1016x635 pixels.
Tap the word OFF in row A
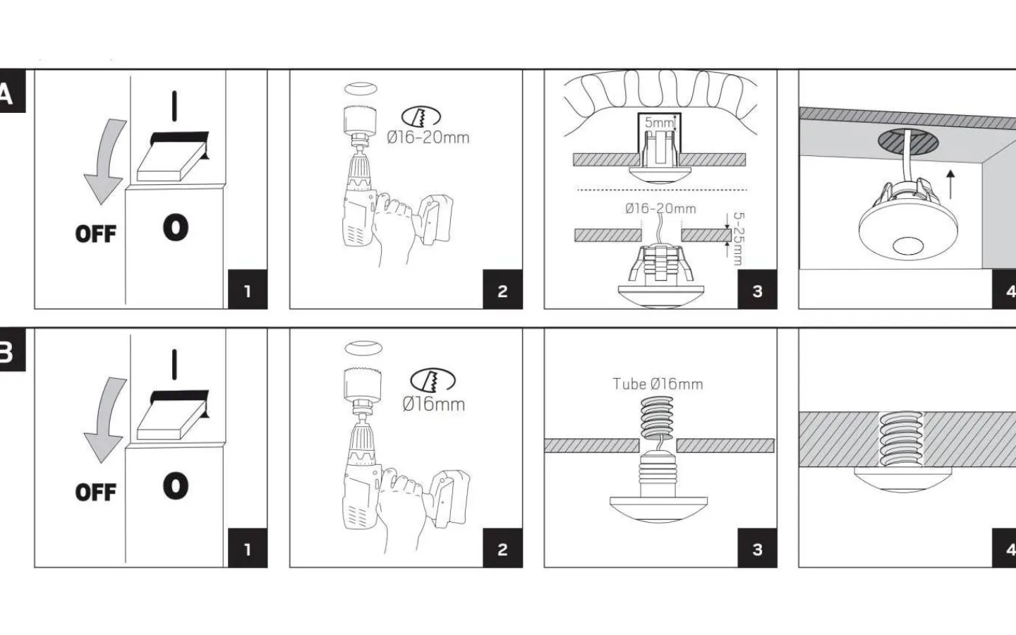coord(95,234)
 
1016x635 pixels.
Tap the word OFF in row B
coord(95,492)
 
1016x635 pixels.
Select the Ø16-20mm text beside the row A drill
coord(428,138)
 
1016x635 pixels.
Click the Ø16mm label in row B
coord(433,404)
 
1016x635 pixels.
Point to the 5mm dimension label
coord(659,123)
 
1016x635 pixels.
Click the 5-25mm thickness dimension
coord(739,238)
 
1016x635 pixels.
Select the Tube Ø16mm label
coord(658,385)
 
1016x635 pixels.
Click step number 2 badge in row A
coord(502,290)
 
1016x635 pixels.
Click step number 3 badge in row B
coord(757,549)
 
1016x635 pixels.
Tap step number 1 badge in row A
coord(247,290)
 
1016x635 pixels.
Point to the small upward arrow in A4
coord(951,183)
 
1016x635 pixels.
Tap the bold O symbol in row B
coord(176,486)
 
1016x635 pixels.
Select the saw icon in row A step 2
coord(421,117)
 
